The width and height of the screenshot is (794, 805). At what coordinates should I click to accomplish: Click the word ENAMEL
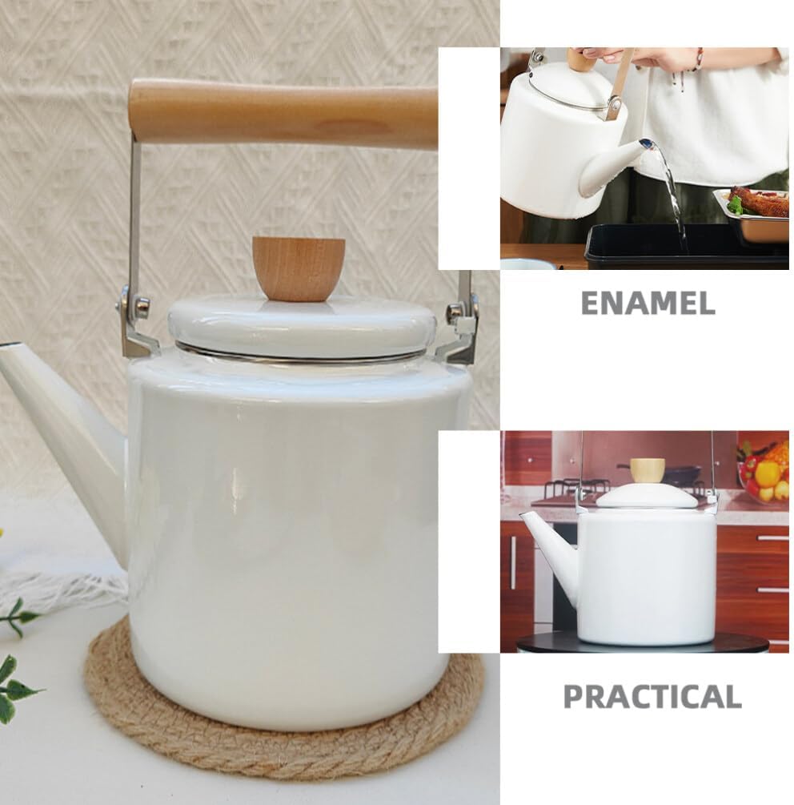point(648,303)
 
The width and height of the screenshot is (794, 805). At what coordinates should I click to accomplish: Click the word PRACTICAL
point(652,696)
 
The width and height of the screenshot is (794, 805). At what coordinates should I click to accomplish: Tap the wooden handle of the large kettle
point(283,114)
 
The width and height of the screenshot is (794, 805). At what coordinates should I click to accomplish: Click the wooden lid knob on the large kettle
point(298,268)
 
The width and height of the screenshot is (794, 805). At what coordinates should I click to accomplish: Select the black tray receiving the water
point(687,245)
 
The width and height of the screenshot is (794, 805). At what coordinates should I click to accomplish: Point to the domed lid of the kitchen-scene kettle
point(648,496)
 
